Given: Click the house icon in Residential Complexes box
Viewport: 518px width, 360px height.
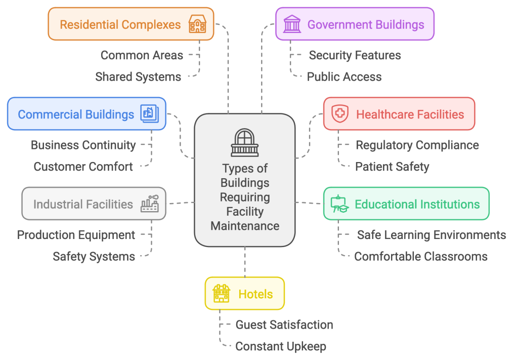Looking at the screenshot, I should [197, 24].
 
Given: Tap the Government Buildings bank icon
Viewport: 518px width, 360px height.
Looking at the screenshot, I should [291, 24].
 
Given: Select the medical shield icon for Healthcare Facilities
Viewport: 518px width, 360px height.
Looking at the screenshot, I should [339, 114].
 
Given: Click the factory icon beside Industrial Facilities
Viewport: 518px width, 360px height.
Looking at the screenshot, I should [150, 204].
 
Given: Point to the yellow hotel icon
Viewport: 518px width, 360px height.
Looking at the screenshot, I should [221, 293].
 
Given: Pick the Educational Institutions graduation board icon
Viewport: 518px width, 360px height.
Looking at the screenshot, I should [339, 204].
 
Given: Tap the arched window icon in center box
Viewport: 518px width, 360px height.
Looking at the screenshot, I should [244, 142].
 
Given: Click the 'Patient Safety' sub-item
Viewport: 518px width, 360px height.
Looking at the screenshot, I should [392, 167].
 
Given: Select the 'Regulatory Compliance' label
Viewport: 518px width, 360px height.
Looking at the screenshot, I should [417, 145].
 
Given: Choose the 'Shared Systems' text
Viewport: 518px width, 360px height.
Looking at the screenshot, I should [138, 77].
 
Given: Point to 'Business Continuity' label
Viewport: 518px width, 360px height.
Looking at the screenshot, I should [83, 145].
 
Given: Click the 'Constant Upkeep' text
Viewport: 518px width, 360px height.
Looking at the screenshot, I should [281, 346].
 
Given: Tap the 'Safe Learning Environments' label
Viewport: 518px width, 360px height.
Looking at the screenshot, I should [431, 235].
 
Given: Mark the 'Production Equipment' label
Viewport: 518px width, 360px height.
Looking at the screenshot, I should [76, 235].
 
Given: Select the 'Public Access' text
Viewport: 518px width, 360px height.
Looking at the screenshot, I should [344, 77].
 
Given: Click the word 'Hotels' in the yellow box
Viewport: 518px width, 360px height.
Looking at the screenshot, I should [255, 294].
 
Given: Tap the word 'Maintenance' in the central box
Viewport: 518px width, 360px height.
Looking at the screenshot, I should [245, 226].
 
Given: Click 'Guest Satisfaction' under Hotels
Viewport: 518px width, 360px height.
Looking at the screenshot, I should [284, 325].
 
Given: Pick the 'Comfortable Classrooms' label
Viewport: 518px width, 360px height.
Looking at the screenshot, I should [420, 257].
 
